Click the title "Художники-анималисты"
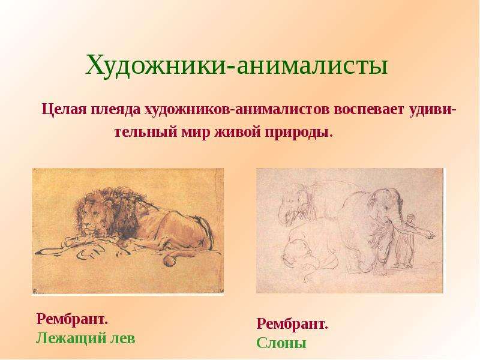pos(236,65)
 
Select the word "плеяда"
pos(116,110)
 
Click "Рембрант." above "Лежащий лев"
pos(72,319)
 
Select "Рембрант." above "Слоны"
pos(292,324)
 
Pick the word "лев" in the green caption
pos(122,338)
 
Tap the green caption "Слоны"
pos(281,343)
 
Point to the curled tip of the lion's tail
pos(169,260)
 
